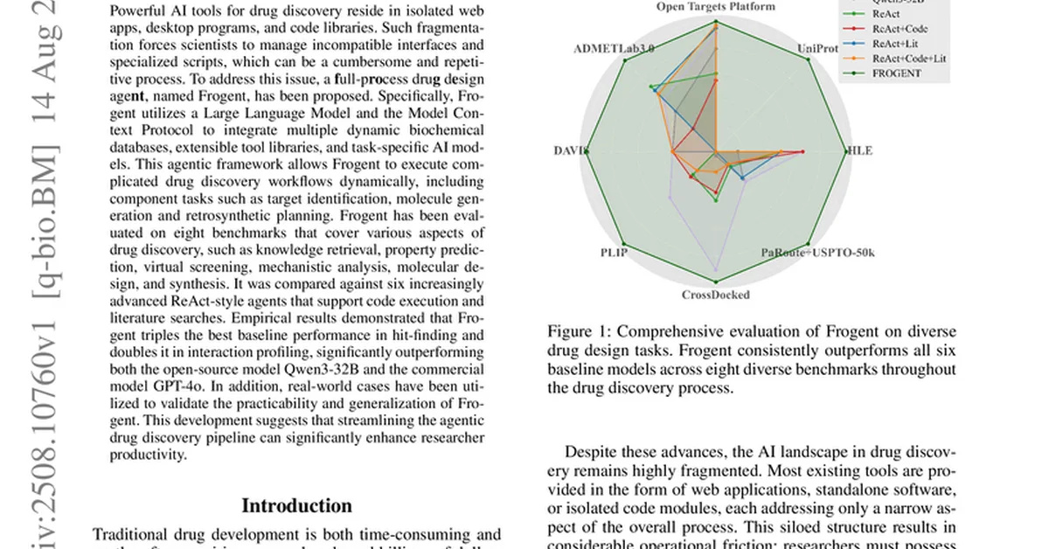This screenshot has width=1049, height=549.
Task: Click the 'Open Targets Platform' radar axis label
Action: pos(716,7)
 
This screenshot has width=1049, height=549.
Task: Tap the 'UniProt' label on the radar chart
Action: pos(816,49)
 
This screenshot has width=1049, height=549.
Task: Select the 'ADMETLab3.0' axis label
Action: pos(614,48)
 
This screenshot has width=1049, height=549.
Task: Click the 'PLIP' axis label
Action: pos(614,253)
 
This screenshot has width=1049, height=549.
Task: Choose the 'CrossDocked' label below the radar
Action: pos(716,295)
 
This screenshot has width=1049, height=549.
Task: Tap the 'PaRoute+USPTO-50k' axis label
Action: pos(817,253)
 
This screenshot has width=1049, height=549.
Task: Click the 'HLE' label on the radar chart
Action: pos(859,150)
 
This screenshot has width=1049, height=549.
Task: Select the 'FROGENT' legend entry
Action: pos(896,73)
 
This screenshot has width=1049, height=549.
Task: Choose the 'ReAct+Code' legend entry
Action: pos(900,29)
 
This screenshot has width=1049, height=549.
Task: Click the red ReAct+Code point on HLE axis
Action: pos(803,151)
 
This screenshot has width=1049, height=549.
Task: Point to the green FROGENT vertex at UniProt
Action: pos(808,59)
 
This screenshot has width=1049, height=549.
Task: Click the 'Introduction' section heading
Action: pos(296,506)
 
